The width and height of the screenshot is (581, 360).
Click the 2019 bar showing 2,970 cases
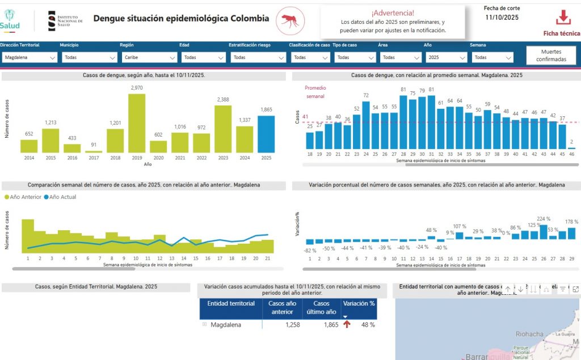137,123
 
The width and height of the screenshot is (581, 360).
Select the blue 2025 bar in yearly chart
266,134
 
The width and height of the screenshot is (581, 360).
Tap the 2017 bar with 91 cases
94,151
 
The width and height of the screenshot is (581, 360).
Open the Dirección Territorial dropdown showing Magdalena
30,57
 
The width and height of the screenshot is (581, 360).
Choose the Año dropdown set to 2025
445,57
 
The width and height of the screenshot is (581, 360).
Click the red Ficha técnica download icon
563,18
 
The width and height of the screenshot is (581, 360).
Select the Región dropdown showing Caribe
149,57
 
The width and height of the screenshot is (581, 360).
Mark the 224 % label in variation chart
544,219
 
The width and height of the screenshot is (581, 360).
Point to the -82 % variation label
310,251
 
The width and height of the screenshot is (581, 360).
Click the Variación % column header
359,303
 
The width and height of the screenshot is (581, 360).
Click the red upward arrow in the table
346,325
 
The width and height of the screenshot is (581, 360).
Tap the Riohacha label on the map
529,334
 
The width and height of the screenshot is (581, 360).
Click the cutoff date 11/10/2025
502,18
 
